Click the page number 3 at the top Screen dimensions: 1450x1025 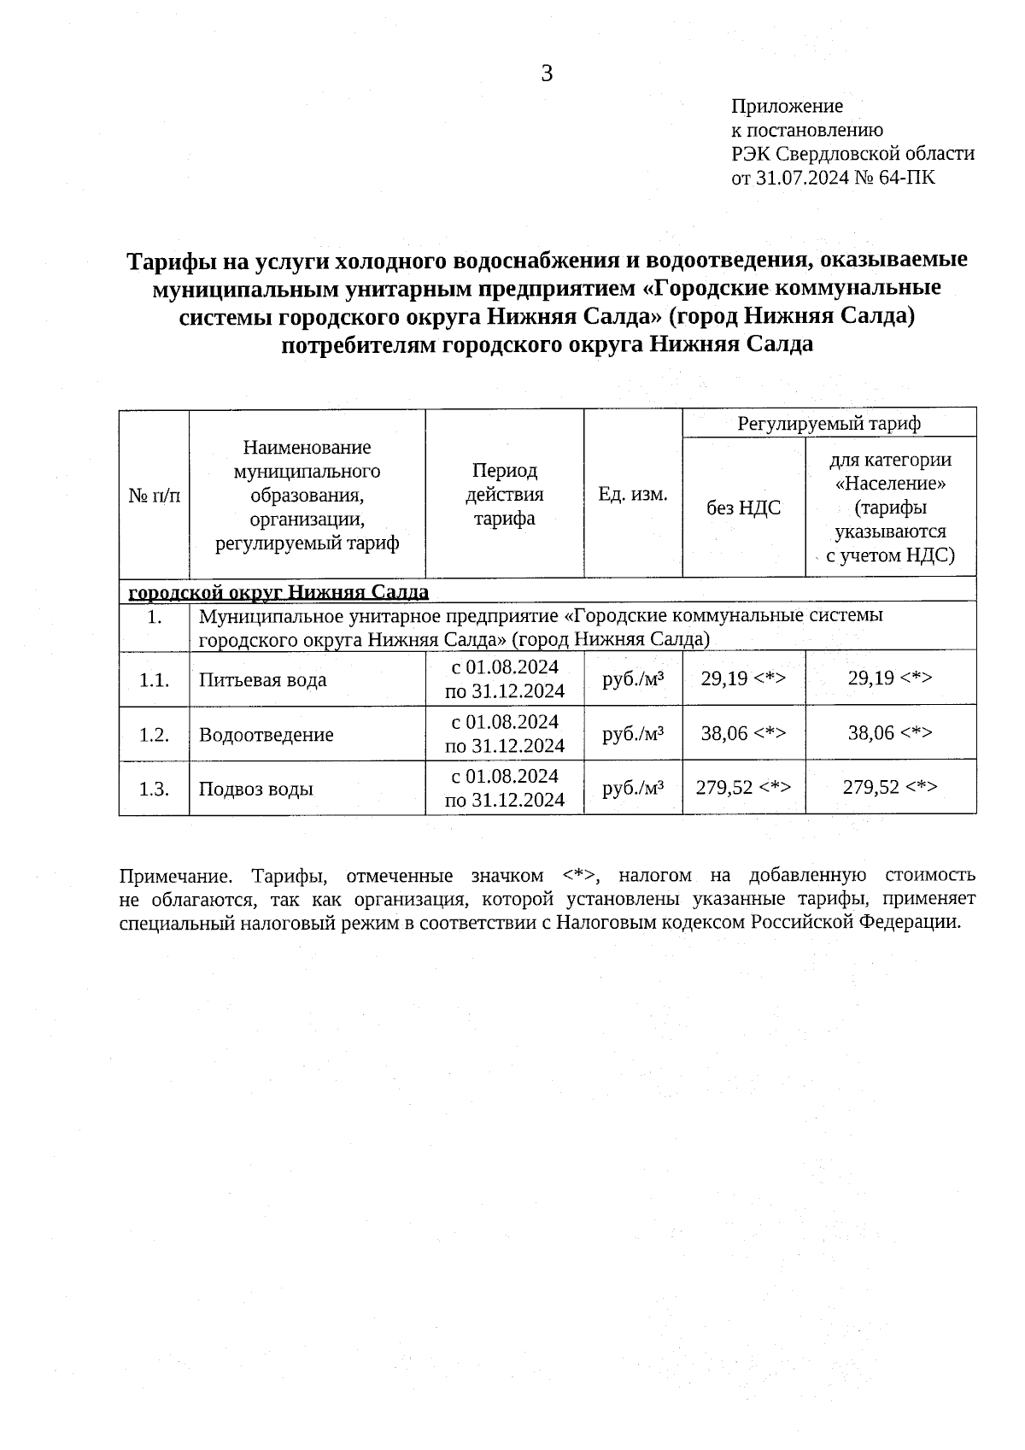547,74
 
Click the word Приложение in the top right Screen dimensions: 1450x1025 787,106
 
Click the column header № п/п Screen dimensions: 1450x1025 154,495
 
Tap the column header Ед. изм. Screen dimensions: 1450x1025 632,494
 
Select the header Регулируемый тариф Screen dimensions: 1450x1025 829,423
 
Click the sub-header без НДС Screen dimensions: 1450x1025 743,508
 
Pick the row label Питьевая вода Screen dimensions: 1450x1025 263,680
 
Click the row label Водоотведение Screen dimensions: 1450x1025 266,735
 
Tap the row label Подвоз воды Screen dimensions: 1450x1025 256,789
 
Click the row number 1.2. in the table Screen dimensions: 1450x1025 154,735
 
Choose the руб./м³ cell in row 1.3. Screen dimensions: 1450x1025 633,788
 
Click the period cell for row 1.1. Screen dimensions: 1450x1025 505,678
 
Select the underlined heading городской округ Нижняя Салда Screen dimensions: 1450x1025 278,592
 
